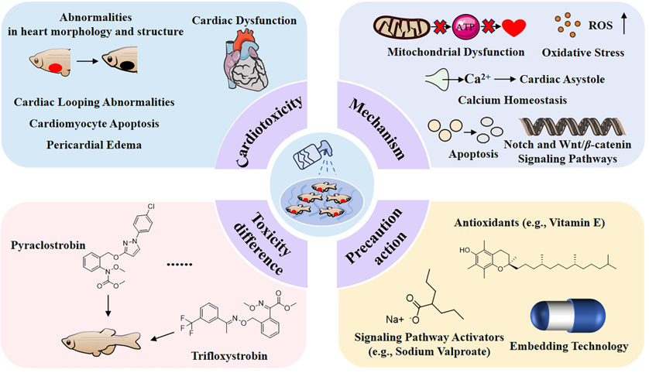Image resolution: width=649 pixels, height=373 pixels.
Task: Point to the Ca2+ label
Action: pyautogui.click(x=473, y=78)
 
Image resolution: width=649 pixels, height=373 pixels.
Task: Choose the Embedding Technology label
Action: pyautogui.click(x=573, y=347)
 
